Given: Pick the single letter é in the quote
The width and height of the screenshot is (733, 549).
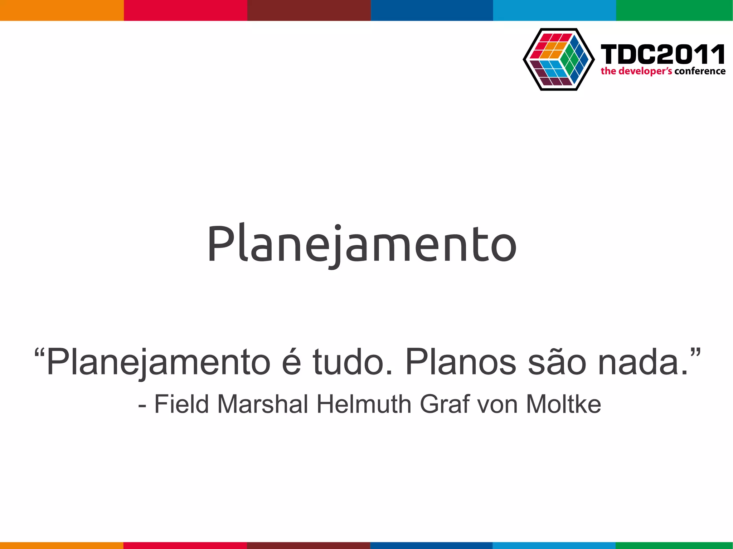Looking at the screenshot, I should click(291, 362).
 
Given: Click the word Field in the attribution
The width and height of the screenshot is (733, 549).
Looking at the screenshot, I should click(181, 405).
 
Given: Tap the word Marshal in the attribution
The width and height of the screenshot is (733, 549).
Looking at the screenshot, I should click(263, 405).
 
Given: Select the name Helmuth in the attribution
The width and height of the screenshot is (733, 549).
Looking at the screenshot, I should click(364, 405).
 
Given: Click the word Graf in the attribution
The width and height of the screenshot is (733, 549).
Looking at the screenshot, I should click(445, 405).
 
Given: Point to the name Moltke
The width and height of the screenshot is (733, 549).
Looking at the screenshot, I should click(563, 405).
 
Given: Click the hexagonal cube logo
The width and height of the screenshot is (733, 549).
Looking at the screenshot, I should click(558, 59).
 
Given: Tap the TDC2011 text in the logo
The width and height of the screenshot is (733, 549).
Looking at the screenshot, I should click(663, 54).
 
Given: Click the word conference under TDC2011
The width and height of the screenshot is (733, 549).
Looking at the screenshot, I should click(700, 71).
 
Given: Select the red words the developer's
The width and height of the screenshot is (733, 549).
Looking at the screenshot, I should click(636, 71).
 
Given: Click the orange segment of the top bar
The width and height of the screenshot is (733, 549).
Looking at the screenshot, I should click(62, 10).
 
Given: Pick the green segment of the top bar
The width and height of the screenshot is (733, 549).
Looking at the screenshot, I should click(674, 10).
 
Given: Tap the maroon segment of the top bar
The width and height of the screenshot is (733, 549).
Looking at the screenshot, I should click(309, 10).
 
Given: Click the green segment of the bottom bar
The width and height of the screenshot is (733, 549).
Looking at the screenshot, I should click(674, 545).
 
